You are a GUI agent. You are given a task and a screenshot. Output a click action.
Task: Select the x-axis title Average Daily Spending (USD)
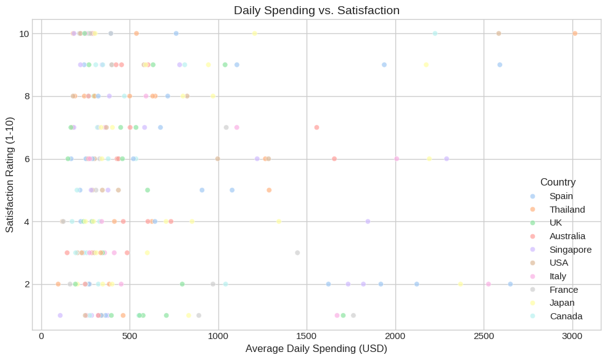click(316, 349)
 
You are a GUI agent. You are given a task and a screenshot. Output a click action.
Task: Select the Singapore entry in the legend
click(571, 250)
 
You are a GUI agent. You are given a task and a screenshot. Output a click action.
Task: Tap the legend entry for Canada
click(566, 316)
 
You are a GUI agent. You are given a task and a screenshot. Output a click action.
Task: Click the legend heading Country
click(558, 182)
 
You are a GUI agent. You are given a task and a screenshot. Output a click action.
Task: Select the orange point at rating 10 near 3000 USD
click(575, 33)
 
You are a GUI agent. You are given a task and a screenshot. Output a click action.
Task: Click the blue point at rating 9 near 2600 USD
click(500, 65)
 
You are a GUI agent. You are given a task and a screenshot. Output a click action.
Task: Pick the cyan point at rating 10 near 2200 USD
click(435, 33)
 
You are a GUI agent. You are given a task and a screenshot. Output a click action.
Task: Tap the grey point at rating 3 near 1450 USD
click(297, 253)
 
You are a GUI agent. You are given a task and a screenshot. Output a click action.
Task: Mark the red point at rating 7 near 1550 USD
click(316, 128)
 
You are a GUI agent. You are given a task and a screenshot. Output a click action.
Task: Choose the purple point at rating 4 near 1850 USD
click(368, 221)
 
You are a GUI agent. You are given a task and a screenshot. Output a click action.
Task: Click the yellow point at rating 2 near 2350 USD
click(460, 284)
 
